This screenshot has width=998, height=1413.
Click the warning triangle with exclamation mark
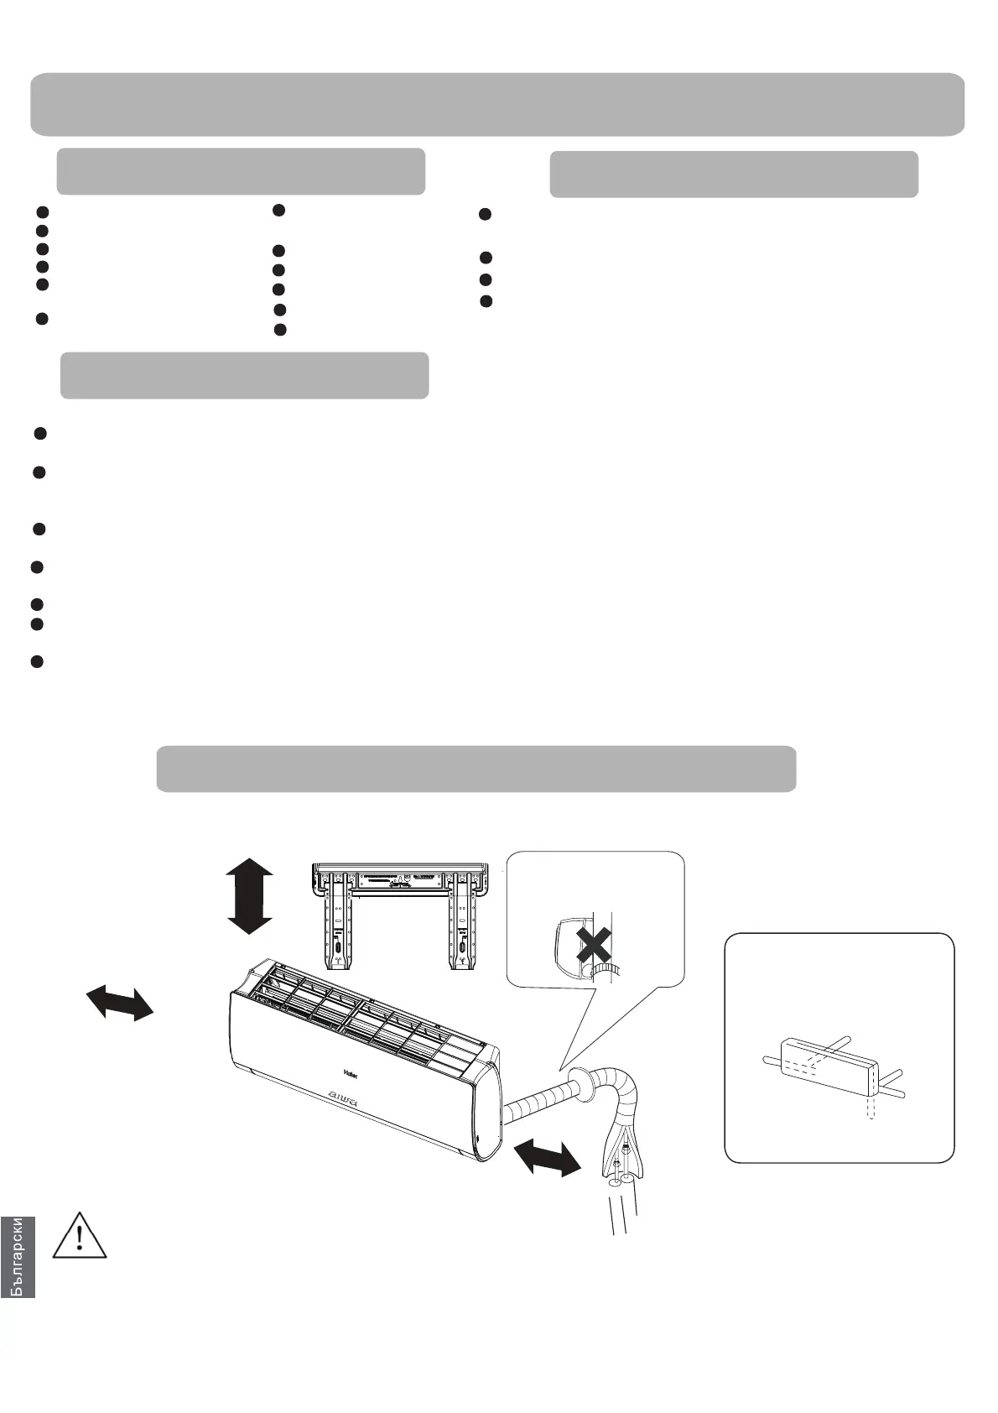(x=80, y=1234)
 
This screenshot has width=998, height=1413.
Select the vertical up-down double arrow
(x=249, y=896)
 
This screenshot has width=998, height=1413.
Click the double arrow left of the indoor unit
(x=120, y=1003)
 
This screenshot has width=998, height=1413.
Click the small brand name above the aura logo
(x=351, y=1071)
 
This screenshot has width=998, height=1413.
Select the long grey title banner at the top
(x=497, y=104)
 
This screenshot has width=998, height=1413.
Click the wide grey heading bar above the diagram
(x=476, y=769)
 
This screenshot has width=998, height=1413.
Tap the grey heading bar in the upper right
(x=734, y=175)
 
